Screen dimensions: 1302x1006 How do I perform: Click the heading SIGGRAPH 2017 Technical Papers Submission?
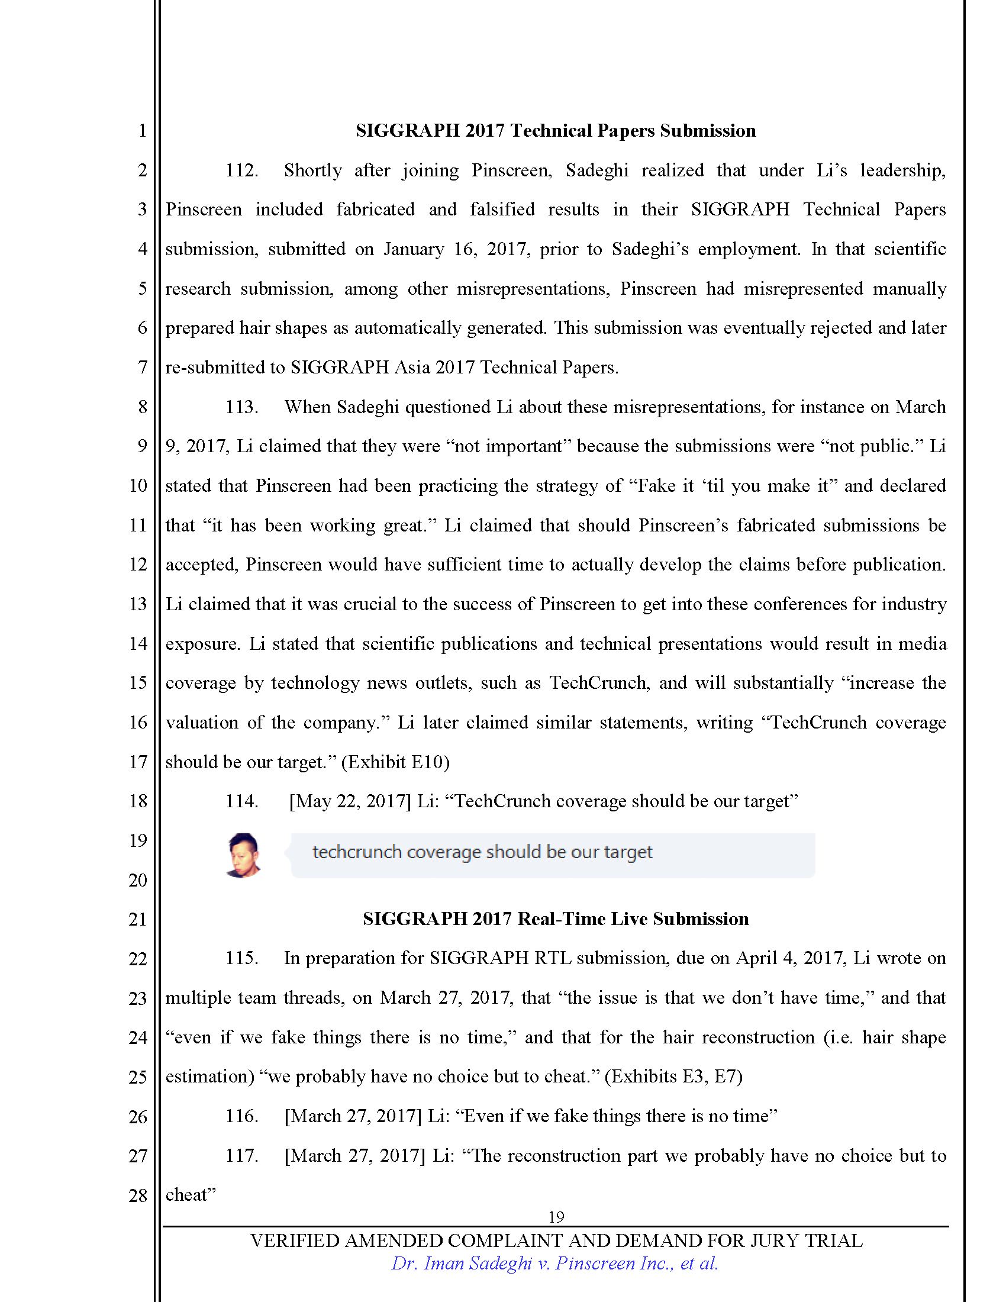[x=556, y=131]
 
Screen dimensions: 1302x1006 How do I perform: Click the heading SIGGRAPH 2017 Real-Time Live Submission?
[x=556, y=919]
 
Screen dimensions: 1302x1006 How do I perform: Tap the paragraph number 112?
[x=241, y=170]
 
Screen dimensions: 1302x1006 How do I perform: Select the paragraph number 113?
[x=241, y=407]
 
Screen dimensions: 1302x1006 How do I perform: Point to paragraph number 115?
[x=241, y=958]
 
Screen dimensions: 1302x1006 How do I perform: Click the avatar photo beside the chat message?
[x=244, y=856]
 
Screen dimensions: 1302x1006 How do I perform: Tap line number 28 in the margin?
[x=138, y=1195]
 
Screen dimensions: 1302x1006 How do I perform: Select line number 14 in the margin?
[x=138, y=644]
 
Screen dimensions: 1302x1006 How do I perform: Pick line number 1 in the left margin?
[x=142, y=131]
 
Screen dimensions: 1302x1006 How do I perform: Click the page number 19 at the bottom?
[x=556, y=1217]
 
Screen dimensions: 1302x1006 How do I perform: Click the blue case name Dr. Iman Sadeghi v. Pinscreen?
[x=554, y=1264]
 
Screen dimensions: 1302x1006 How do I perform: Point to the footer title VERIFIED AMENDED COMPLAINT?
[x=556, y=1240]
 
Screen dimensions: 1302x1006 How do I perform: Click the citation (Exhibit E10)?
[x=395, y=762]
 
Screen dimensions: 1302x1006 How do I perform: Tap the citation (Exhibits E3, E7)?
[x=673, y=1077]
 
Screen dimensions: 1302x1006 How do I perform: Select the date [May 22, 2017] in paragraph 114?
[x=350, y=801]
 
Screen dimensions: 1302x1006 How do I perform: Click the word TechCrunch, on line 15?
[x=599, y=683]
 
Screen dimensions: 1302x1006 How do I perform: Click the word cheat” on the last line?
[x=190, y=1195]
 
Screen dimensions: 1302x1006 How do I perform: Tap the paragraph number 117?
[x=241, y=1156]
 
